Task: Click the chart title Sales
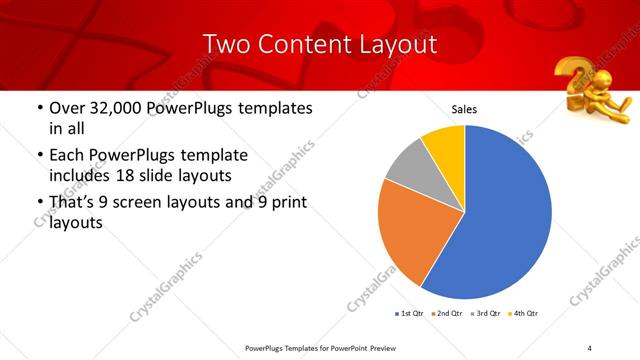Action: [464, 109]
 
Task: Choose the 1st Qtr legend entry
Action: [411, 313]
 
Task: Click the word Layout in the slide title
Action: [397, 44]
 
